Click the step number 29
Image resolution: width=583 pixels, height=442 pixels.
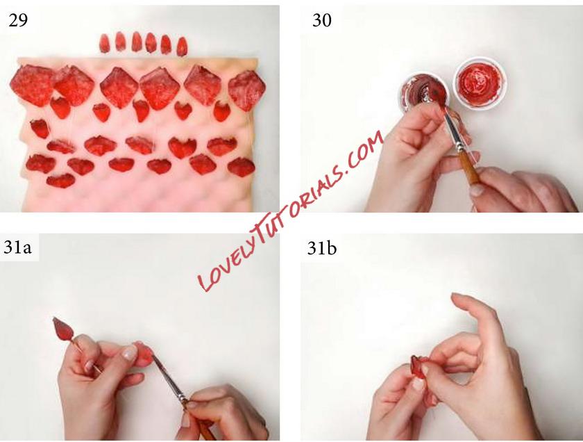pos(18,20)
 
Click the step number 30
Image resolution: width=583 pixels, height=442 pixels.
pos(321,20)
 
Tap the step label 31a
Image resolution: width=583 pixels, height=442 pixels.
pos(17,247)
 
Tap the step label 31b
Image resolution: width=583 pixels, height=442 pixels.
pos(322,248)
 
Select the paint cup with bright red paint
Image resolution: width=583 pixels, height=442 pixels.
pos(480,82)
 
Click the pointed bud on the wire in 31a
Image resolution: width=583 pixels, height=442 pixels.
pos(63,329)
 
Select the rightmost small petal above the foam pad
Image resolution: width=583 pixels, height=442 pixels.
pos(181,47)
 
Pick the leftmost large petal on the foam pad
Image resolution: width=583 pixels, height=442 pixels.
pos(32,85)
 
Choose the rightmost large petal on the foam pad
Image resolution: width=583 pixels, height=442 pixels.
pos(246,90)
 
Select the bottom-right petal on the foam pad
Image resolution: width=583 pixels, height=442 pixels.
pos(242,167)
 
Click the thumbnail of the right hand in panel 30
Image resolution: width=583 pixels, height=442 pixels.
pos(477,190)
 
